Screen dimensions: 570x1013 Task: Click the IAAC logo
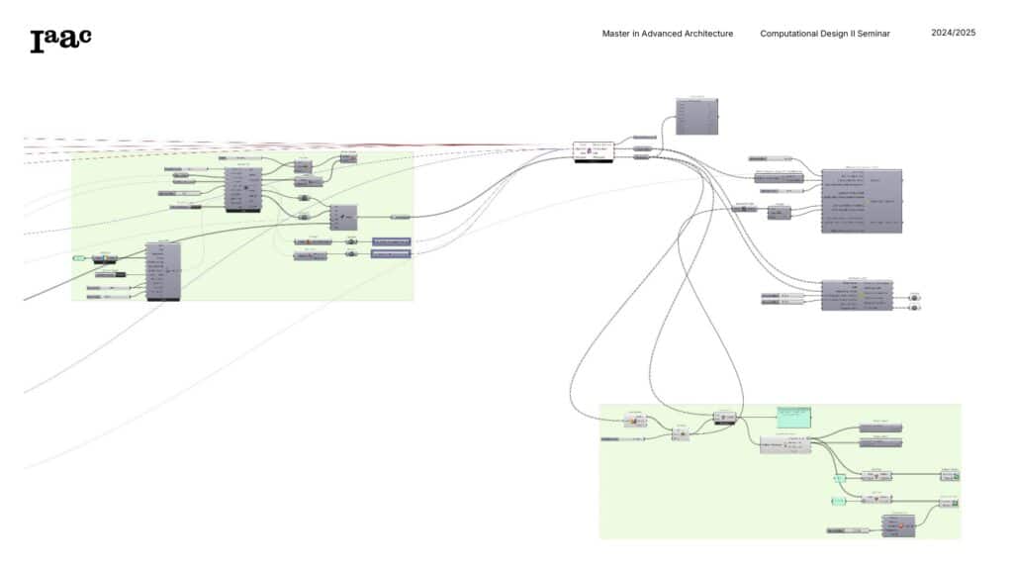click(60, 39)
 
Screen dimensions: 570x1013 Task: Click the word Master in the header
click(614, 34)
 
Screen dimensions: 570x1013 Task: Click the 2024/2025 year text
click(954, 33)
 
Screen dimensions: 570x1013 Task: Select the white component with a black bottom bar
click(594, 151)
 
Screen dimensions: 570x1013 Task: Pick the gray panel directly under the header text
click(696, 116)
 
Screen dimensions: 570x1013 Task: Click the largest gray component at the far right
click(862, 201)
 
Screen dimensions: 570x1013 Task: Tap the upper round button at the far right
click(913, 296)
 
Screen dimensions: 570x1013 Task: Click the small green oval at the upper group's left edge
click(79, 258)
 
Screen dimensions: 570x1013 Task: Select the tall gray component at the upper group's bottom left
click(163, 270)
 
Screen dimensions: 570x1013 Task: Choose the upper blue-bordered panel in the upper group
click(391, 241)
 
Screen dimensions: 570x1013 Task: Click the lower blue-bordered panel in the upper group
click(391, 254)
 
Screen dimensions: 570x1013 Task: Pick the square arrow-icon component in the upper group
click(343, 217)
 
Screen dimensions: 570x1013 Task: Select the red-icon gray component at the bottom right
click(898, 524)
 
